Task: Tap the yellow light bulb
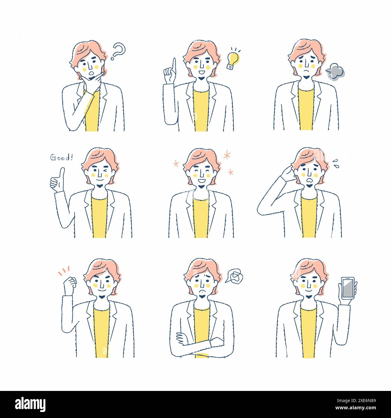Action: [x=233, y=60]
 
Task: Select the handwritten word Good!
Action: [x=61, y=157]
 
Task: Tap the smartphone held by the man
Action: [x=347, y=287]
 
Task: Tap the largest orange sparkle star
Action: [x=227, y=155]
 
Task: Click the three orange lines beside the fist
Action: [x=64, y=270]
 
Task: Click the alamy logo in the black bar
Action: [x=30, y=404]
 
